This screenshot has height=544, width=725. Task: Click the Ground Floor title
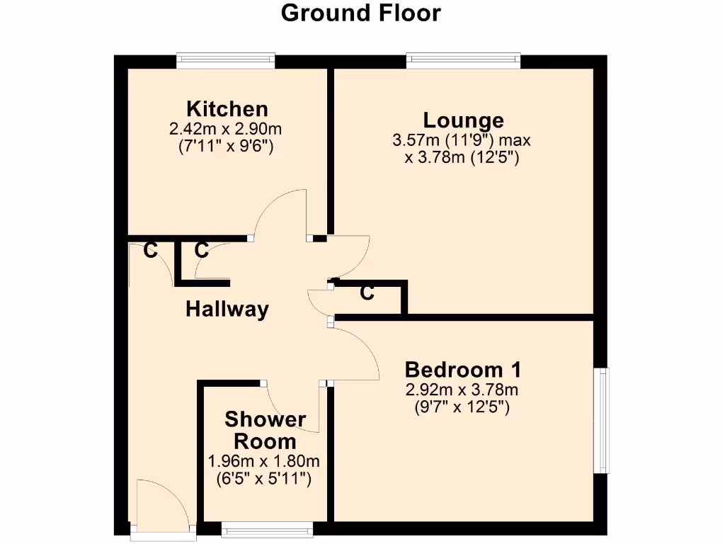(361, 13)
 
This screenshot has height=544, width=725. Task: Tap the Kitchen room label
(227, 109)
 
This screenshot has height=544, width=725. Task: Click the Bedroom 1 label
(463, 369)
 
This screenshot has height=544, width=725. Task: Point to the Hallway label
(227, 309)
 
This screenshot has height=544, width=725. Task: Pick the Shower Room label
(265, 430)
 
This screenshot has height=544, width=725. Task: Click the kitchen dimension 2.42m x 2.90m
(226, 129)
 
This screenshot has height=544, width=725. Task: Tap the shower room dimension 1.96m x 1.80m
(264, 461)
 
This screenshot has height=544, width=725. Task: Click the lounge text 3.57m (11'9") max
(462, 140)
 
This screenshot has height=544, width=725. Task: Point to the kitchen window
(226, 61)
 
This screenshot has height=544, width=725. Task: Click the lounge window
(464, 61)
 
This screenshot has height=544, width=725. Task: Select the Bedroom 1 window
(601, 420)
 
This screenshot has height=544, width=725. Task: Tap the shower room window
(267, 529)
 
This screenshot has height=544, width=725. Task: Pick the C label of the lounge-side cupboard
(367, 293)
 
